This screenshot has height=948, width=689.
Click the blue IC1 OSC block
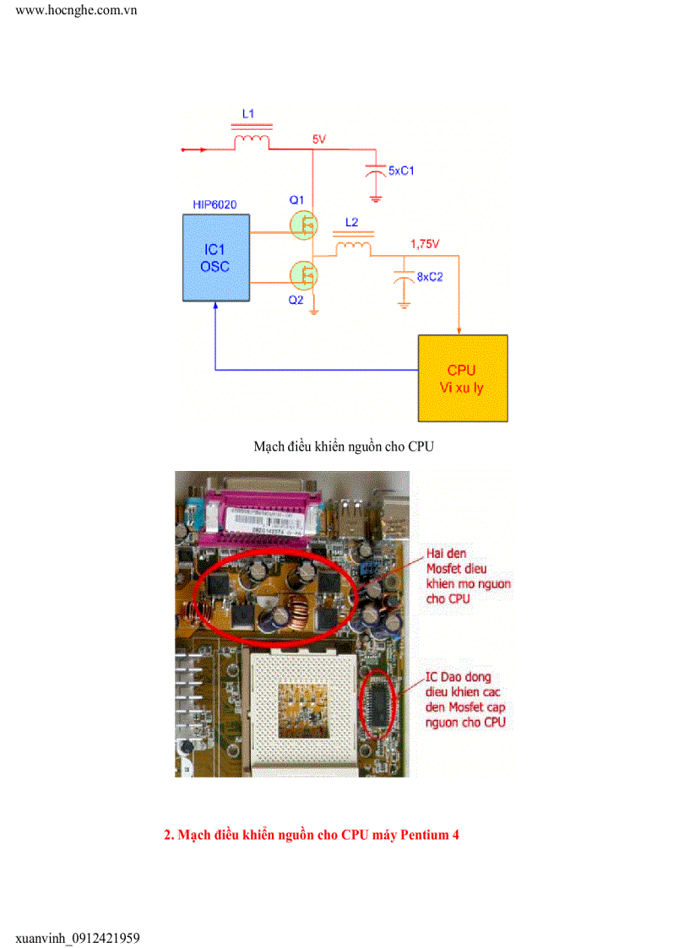pos(216,257)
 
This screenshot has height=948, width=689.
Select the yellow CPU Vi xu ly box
pos(463,378)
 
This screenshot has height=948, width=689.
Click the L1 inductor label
pos(247,112)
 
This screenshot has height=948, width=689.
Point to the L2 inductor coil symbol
pos(354,247)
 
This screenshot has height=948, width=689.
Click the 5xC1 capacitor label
pos(401,171)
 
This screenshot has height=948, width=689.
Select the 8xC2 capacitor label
pos(430,276)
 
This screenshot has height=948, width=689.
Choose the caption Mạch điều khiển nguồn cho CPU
pos(344,446)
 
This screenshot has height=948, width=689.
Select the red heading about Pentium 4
pos(312,835)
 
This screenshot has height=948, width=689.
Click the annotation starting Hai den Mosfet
pos(469,576)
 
